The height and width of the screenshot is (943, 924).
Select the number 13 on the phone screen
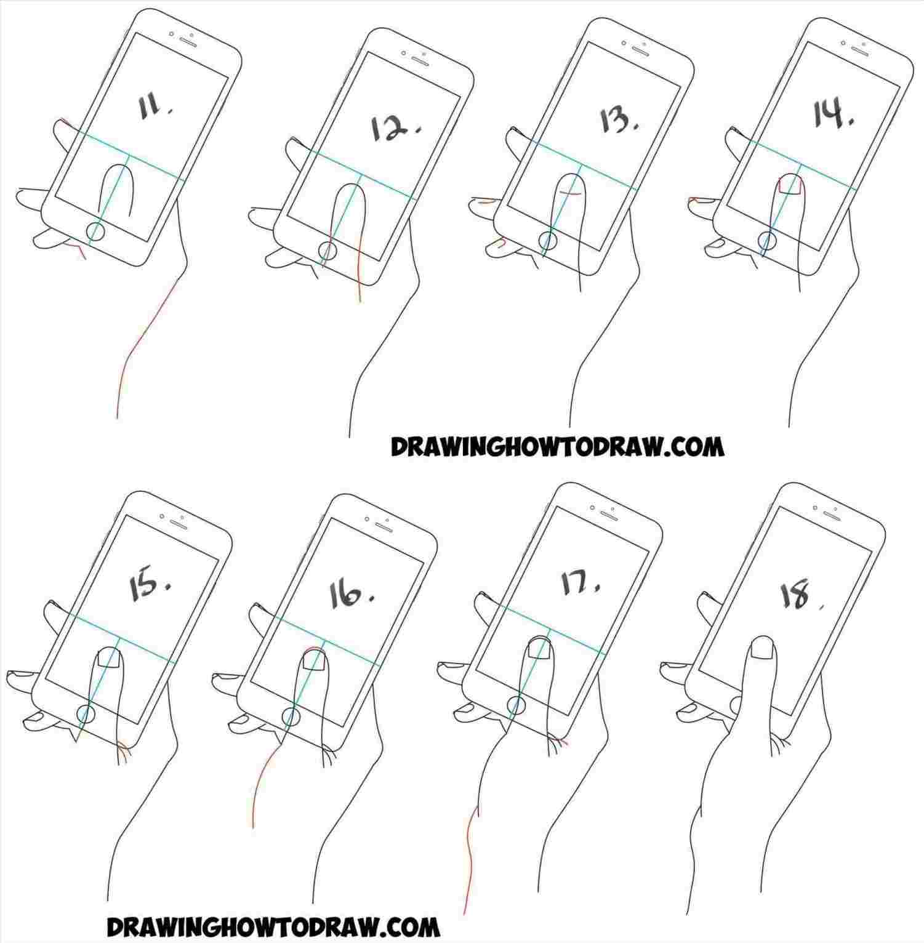tap(618, 120)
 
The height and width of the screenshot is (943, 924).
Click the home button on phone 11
tap(96, 231)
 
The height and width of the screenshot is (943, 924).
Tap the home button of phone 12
tap(328, 251)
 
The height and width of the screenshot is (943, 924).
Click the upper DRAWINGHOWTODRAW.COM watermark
tap(557, 447)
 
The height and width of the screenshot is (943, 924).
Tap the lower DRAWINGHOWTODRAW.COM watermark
tap(273, 925)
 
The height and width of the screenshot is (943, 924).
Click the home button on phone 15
tap(86, 714)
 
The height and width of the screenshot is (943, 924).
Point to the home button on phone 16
tap(291, 716)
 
